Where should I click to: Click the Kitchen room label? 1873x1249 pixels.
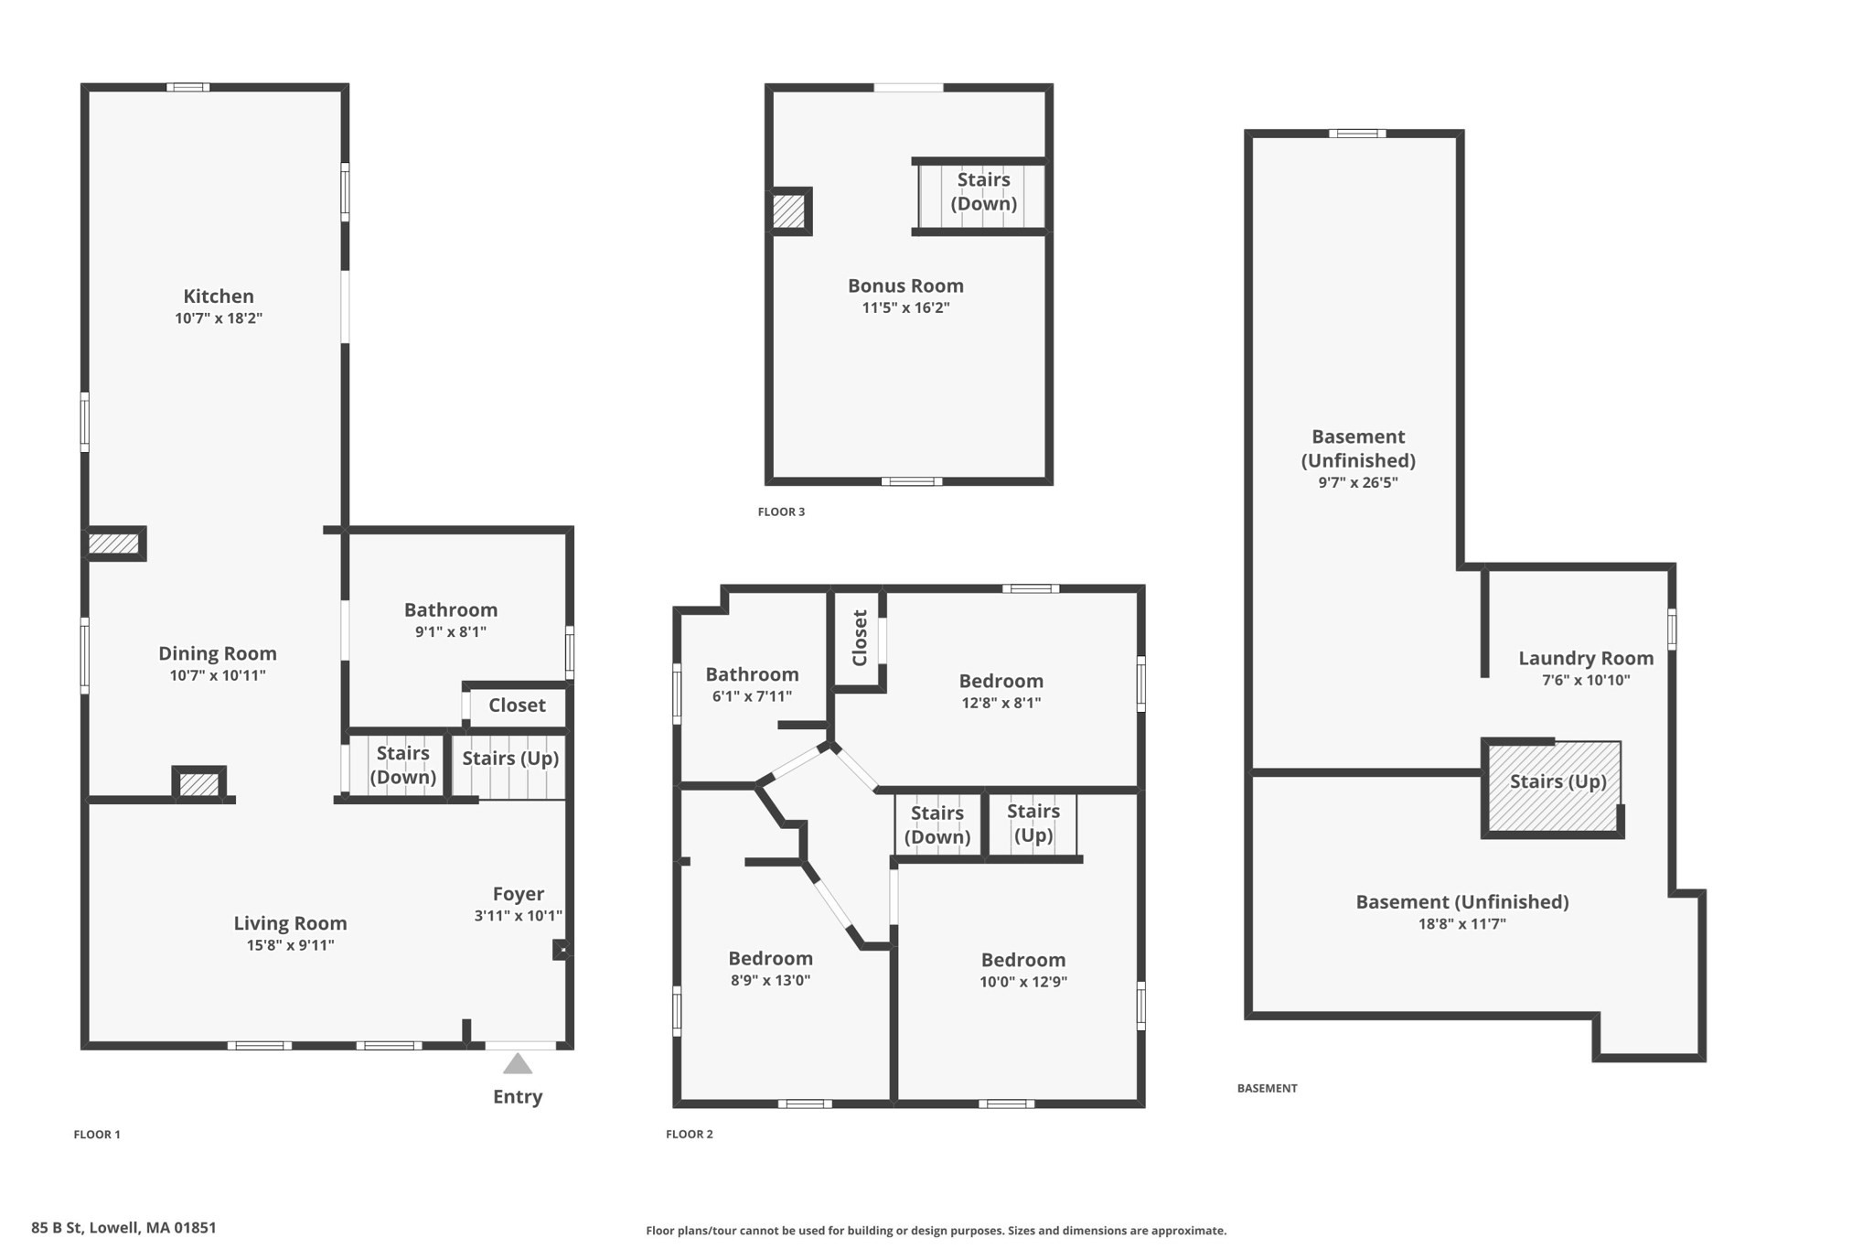(x=219, y=296)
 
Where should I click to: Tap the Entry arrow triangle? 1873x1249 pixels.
(x=518, y=1063)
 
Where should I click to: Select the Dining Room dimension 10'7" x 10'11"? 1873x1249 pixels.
(x=218, y=676)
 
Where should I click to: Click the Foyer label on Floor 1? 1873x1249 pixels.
(x=519, y=894)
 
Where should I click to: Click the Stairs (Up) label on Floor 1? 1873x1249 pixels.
(x=510, y=759)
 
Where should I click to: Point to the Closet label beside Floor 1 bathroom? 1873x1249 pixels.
(x=517, y=705)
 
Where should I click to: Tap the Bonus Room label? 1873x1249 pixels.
(x=905, y=285)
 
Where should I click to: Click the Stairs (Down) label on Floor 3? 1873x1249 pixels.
(x=984, y=191)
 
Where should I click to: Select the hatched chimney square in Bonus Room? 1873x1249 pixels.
(x=788, y=212)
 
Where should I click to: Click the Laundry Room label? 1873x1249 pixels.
(x=1586, y=659)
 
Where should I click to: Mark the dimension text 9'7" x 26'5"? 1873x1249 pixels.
(x=1358, y=483)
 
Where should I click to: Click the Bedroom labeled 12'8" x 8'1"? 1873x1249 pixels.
(x=1001, y=682)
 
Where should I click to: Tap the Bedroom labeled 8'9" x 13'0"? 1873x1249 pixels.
(x=770, y=959)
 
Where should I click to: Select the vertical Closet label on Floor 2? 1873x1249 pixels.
(x=860, y=638)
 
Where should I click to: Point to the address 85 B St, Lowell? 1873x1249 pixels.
(x=123, y=1228)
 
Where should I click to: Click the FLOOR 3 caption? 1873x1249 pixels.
(x=781, y=511)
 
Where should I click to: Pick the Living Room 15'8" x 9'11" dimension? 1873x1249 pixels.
(x=290, y=946)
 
